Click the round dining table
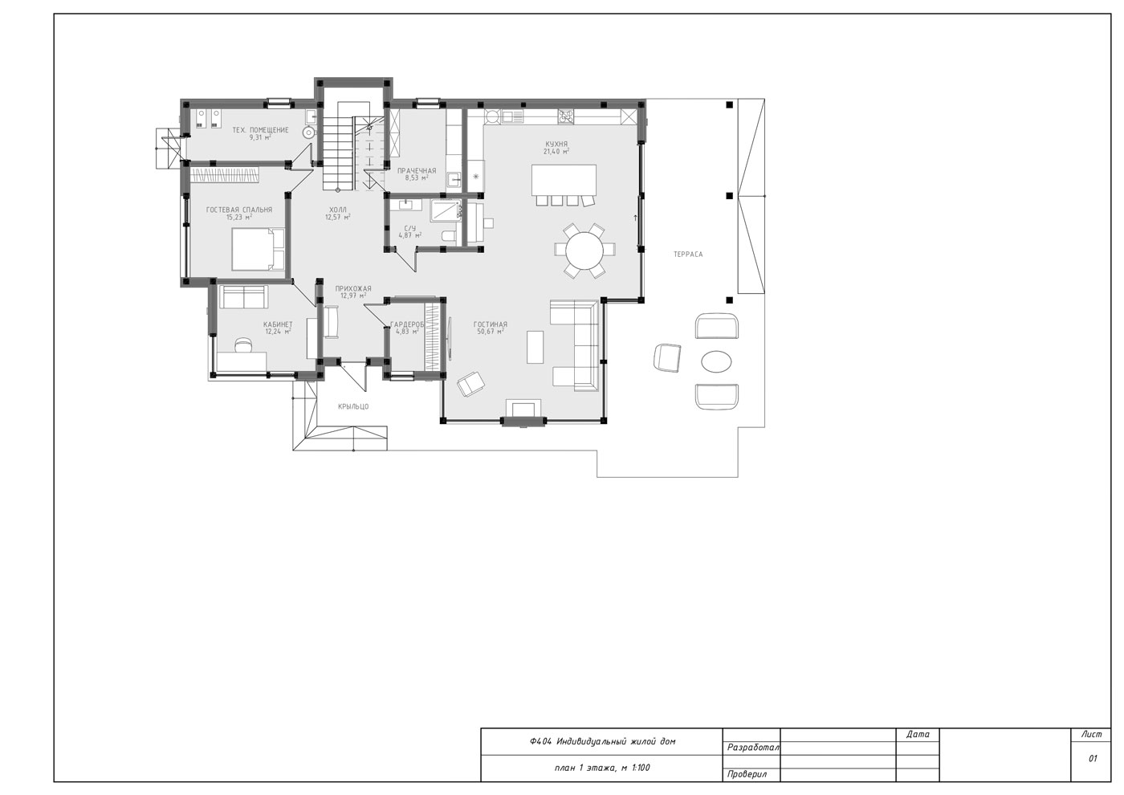(x=584, y=251)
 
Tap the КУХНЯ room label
(x=556, y=144)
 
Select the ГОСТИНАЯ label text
(x=491, y=324)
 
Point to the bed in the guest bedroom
(x=258, y=250)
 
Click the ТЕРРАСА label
(x=688, y=255)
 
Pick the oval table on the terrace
(x=716, y=361)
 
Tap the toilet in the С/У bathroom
(x=449, y=235)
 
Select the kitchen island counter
(x=564, y=180)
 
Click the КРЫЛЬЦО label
(x=353, y=406)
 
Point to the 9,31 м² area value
(x=260, y=137)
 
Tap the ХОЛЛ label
(x=338, y=210)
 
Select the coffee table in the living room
(x=535, y=347)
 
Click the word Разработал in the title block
(x=753, y=748)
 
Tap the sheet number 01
(x=1093, y=758)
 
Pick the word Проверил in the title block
(x=747, y=775)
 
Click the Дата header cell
(x=918, y=734)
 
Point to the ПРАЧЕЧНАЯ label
(x=417, y=171)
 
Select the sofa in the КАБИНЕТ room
(x=243, y=296)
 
